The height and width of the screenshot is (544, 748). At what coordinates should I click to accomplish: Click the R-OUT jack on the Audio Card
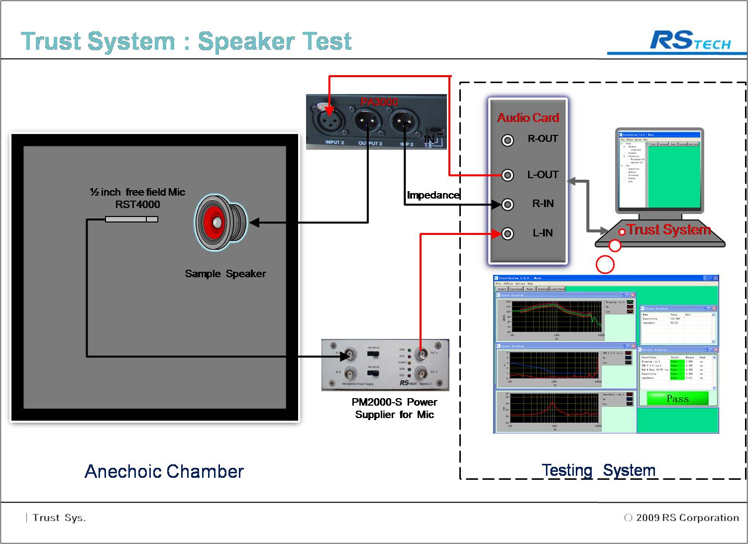pos(507,140)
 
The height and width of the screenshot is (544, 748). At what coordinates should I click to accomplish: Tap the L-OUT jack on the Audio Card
pos(507,175)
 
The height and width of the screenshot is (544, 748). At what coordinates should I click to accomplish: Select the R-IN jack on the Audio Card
pos(507,204)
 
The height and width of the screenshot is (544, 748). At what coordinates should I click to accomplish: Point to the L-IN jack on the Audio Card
pos(507,233)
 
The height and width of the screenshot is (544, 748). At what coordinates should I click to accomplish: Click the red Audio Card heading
pos(528,118)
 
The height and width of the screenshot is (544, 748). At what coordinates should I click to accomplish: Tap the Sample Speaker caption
pos(225,274)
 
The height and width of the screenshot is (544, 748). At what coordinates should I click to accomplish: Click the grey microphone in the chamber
pos(131,219)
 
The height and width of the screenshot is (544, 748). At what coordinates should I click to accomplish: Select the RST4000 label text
pos(138,205)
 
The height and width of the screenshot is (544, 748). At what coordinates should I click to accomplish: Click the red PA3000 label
pos(379,102)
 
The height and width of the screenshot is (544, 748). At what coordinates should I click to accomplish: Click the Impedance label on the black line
pos(433,195)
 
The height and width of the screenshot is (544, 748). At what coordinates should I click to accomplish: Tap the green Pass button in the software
pos(677,399)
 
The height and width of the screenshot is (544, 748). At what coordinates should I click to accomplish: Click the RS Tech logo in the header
pos(690,41)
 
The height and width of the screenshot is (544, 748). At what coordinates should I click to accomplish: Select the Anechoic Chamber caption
pos(164,471)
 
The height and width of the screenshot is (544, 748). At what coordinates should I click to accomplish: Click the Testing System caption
pos(598,470)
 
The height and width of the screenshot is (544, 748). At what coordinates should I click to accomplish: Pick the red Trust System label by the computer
pos(668,230)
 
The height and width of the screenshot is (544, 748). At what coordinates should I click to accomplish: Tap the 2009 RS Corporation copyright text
pos(687,518)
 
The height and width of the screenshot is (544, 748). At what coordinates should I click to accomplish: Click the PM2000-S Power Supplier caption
pos(395,409)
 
